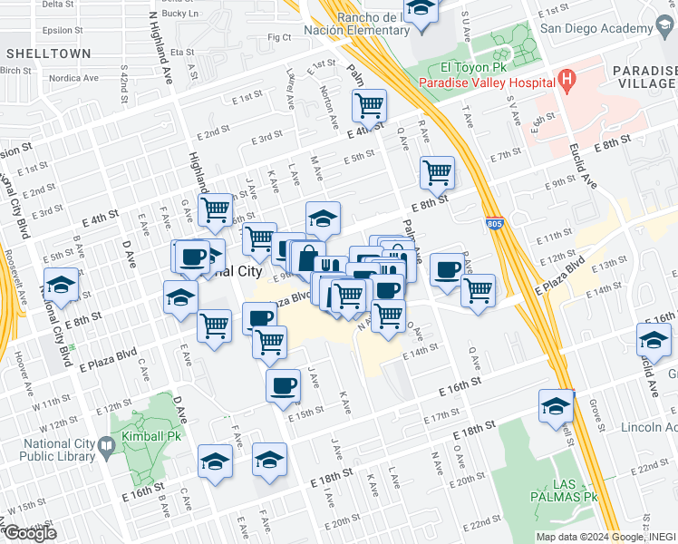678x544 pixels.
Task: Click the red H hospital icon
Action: tap(567, 81)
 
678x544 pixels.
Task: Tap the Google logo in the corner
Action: tap(29, 533)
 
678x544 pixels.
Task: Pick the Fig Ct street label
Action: tap(279, 37)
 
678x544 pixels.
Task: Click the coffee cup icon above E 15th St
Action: tap(283, 384)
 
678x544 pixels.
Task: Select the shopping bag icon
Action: tap(308, 257)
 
